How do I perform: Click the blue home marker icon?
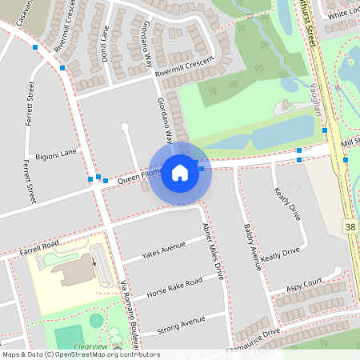pos(180,172)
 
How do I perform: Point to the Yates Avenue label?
pos(164,251)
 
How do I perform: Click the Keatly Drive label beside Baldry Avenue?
pos(280,255)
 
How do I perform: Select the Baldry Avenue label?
pos(252,246)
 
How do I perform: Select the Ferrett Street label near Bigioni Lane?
pos(30,181)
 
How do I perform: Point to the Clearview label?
pos(90,346)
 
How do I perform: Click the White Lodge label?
pos(342,13)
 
